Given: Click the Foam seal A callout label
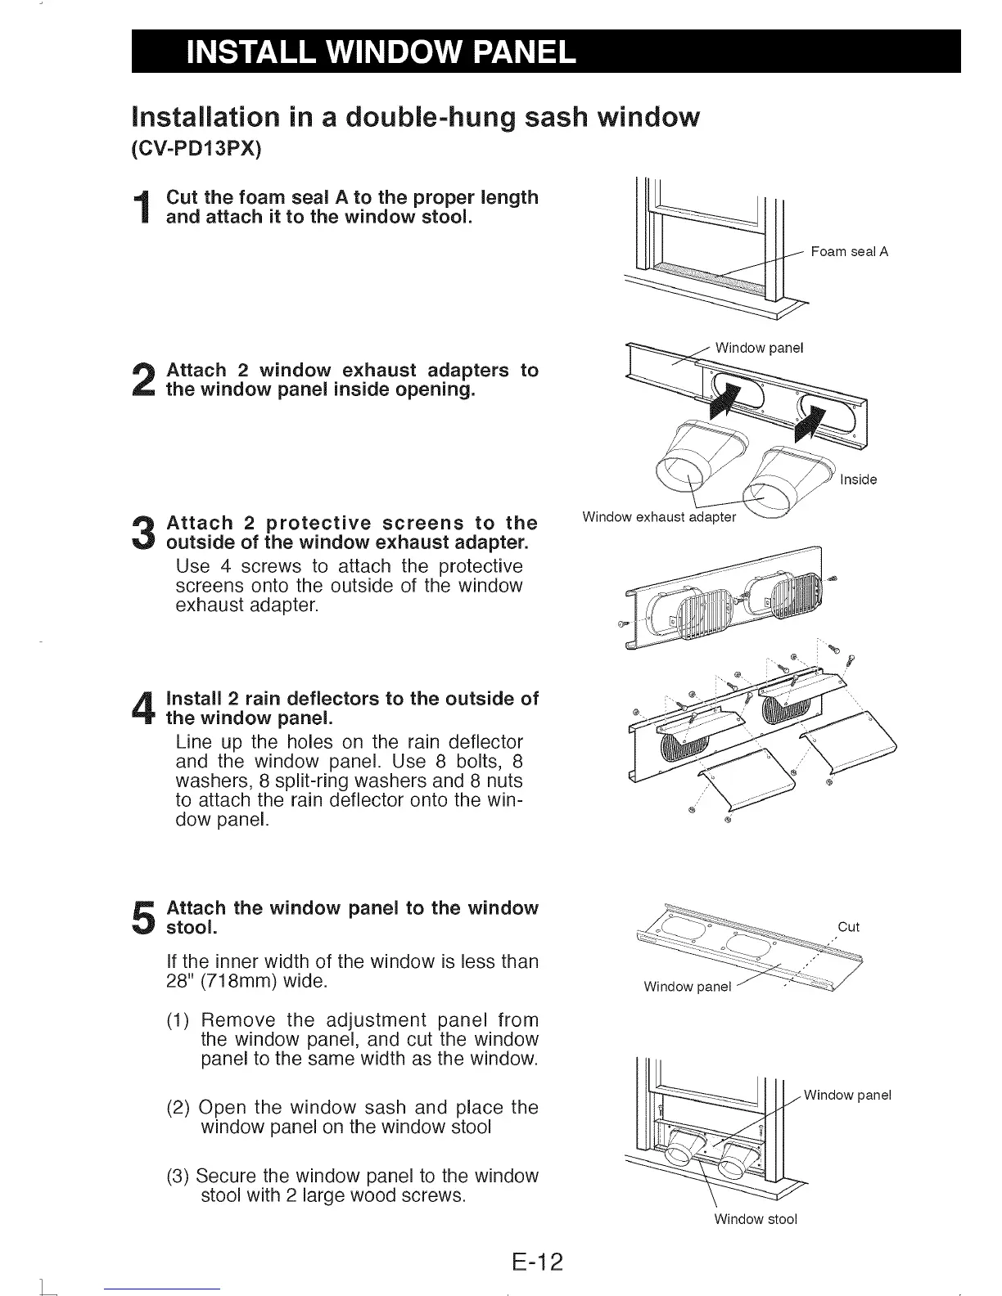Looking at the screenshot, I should (x=849, y=252).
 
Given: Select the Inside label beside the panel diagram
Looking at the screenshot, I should (x=858, y=479).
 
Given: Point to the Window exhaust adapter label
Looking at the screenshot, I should (x=658, y=517).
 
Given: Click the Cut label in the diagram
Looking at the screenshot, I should (x=849, y=927).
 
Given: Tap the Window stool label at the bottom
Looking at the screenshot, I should (x=755, y=1219).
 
